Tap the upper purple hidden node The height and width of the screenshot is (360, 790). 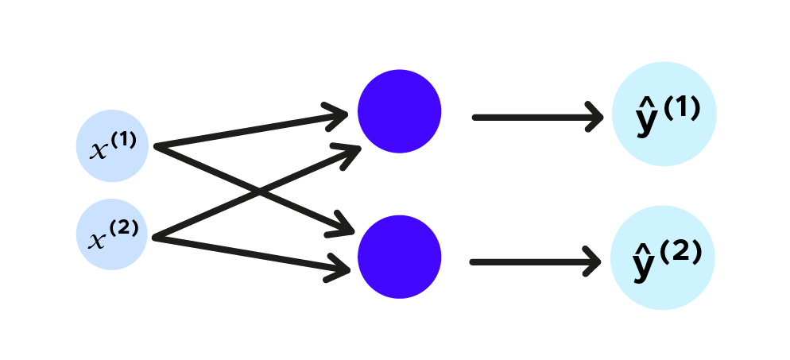tap(399, 111)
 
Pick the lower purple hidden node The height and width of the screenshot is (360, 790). tap(399, 257)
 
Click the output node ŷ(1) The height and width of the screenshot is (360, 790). tap(664, 114)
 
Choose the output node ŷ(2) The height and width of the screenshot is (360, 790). tap(663, 257)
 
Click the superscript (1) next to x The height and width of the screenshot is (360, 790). tap(124, 141)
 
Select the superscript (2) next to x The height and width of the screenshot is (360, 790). tap(124, 229)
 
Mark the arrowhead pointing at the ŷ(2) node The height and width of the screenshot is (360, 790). tap(592, 261)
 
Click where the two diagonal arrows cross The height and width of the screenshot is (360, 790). tap(260, 191)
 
